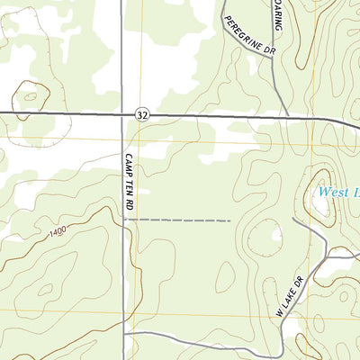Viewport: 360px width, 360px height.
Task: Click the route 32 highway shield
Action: (143, 115)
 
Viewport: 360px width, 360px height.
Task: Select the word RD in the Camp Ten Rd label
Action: (130, 205)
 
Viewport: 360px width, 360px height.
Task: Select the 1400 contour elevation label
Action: (59, 233)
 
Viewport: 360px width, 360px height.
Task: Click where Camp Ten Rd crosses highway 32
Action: (122, 114)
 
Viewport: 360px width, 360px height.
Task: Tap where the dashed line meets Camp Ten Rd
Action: (123, 220)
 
